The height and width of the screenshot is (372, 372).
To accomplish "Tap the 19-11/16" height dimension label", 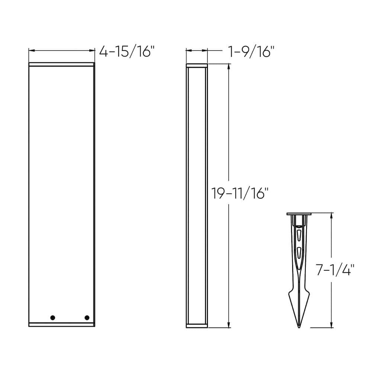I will [239, 194].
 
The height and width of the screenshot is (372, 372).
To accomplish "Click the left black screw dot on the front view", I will [52, 317].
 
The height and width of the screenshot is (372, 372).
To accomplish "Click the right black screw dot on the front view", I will [87, 317].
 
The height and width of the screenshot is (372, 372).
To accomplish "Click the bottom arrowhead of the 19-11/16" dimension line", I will [228, 326].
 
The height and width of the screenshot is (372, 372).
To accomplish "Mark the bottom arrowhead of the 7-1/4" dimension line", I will [331, 326].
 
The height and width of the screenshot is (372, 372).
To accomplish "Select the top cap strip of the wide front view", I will [62, 65].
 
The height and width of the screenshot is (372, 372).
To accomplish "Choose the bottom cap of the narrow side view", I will [196, 326].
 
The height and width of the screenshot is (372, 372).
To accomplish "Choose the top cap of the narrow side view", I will [196, 66].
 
